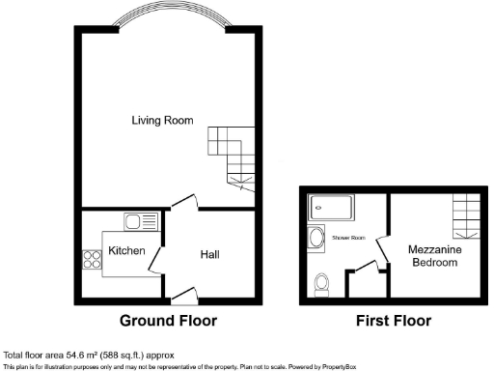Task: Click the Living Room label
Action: tap(163, 121)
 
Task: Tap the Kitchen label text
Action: tap(126, 251)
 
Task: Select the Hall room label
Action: tap(209, 254)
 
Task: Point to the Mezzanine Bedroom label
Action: tap(431, 255)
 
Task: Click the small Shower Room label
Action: tap(347, 237)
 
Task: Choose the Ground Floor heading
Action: tap(168, 320)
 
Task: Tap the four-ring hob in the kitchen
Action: tap(94, 258)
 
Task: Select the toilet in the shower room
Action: tap(323, 283)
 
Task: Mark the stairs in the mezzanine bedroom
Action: tap(465, 214)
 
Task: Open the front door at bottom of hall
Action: tap(183, 294)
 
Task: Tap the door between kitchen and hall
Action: tap(156, 258)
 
